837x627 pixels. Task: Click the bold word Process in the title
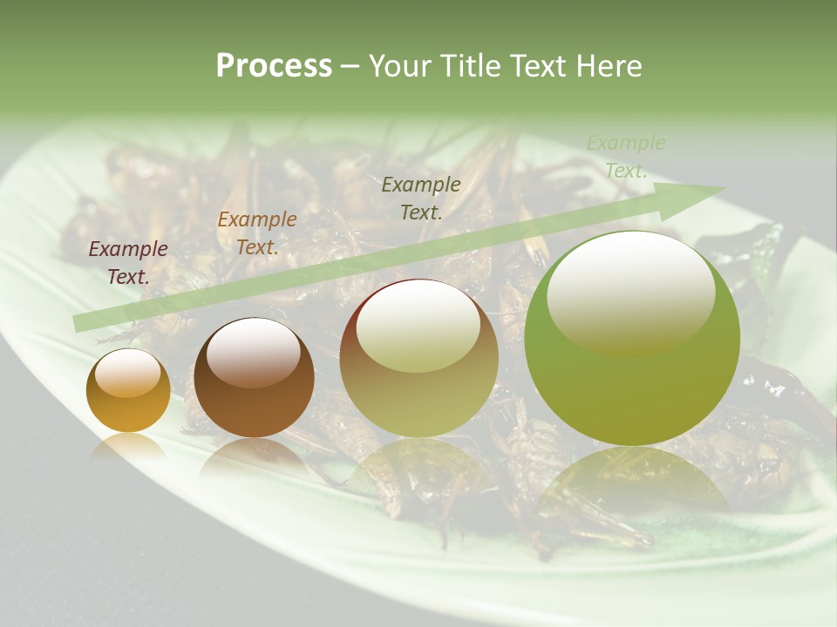tap(274, 66)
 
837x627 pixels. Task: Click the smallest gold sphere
tap(128, 391)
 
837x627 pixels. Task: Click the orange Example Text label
tap(257, 233)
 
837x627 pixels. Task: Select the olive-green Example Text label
tap(421, 198)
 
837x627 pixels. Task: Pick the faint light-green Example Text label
tap(625, 157)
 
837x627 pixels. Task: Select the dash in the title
tap(350, 66)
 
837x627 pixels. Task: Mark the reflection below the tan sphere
tap(418, 466)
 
